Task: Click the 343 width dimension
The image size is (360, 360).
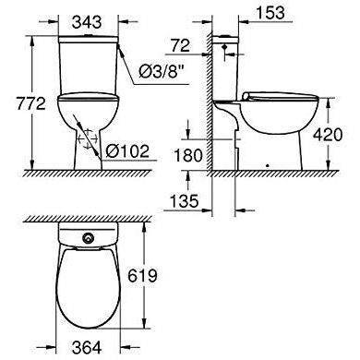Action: [87, 22]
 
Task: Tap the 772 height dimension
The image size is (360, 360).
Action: [30, 103]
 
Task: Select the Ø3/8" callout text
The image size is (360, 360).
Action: [159, 71]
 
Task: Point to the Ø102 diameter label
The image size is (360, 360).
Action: [127, 150]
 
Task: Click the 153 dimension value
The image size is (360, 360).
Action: [270, 13]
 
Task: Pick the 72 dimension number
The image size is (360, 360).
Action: [180, 45]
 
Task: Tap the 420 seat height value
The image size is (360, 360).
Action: [328, 135]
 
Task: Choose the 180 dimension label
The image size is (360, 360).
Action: [188, 155]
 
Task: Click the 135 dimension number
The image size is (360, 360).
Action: [184, 201]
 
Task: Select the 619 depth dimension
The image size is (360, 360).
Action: [142, 275]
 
